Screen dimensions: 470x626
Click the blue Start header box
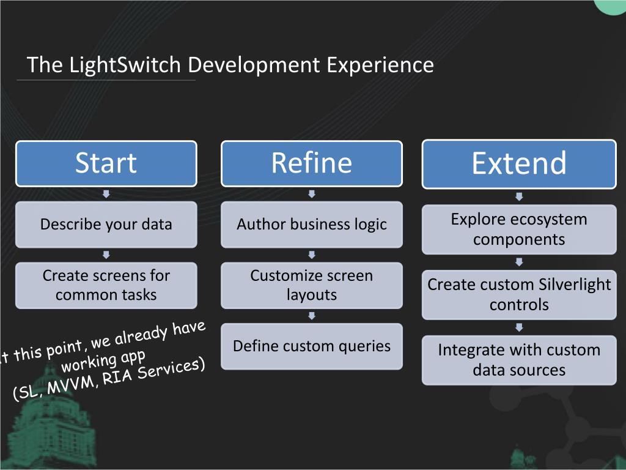tap(106, 163)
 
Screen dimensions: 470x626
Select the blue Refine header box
tap(312, 163)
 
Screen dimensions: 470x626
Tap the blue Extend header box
tap(519, 164)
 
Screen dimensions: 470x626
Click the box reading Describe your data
tap(106, 225)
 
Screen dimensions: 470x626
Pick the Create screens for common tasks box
tap(106, 285)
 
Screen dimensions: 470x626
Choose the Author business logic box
tap(312, 225)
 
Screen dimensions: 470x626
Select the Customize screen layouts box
tap(312, 285)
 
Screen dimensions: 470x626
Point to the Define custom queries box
tap(312, 346)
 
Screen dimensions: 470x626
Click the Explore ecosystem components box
tap(519, 229)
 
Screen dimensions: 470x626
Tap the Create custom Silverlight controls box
tap(519, 294)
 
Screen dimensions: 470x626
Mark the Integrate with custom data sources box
tap(519, 360)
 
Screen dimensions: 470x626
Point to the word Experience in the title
tap(380, 65)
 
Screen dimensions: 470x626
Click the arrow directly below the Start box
tap(106, 194)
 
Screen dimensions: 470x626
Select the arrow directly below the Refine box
tap(312, 194)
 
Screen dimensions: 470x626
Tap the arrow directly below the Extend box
tap(519, 196)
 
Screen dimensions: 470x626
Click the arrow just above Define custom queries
tap(312, 316)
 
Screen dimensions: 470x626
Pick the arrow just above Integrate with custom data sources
tap(519, 327)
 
